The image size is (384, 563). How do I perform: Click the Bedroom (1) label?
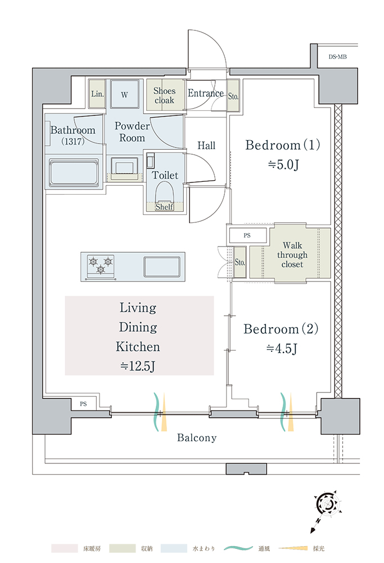(283, 145)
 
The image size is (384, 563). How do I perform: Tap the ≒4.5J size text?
(282, 348)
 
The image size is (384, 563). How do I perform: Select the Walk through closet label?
(292, 255)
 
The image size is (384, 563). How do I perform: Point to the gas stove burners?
(101, 267)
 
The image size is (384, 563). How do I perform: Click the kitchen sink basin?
(162, 267)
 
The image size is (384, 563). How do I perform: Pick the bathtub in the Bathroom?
(74, 174)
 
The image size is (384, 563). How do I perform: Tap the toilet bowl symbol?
(165, 194)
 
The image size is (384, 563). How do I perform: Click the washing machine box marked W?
(124, 94)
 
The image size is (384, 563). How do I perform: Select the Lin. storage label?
(97, 94)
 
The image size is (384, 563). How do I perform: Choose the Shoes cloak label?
(164, 96)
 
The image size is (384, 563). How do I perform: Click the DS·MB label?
(337, 57)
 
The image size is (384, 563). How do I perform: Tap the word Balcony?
(197, 437)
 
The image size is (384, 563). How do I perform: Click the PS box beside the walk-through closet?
(247, 235)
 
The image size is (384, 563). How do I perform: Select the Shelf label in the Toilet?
(164, 207)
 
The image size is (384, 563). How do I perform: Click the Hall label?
(206, 145)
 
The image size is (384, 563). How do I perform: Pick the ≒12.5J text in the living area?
(138, 367)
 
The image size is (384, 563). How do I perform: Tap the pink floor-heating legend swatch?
(65, 548)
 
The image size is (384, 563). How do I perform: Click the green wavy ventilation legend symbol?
(238, 548)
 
